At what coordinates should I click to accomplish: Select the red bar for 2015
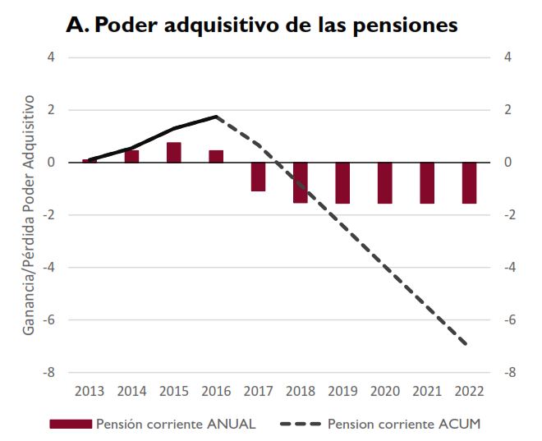(174, 153)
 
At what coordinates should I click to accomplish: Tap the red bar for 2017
(259, 177)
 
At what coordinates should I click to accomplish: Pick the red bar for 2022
(469, 182)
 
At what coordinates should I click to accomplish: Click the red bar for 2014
(132, 156)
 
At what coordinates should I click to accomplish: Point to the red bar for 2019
(343, 182)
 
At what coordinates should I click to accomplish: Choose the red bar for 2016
(216, 156)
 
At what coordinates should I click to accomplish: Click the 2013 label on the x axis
(90, 391)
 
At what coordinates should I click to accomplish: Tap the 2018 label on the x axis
(301, 391)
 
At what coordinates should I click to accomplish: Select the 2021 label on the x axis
(427, 391)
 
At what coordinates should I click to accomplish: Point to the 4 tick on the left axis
(51, 57)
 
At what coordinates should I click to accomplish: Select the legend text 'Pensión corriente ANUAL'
(176, 424)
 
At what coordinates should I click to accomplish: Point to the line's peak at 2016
(216, 117)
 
